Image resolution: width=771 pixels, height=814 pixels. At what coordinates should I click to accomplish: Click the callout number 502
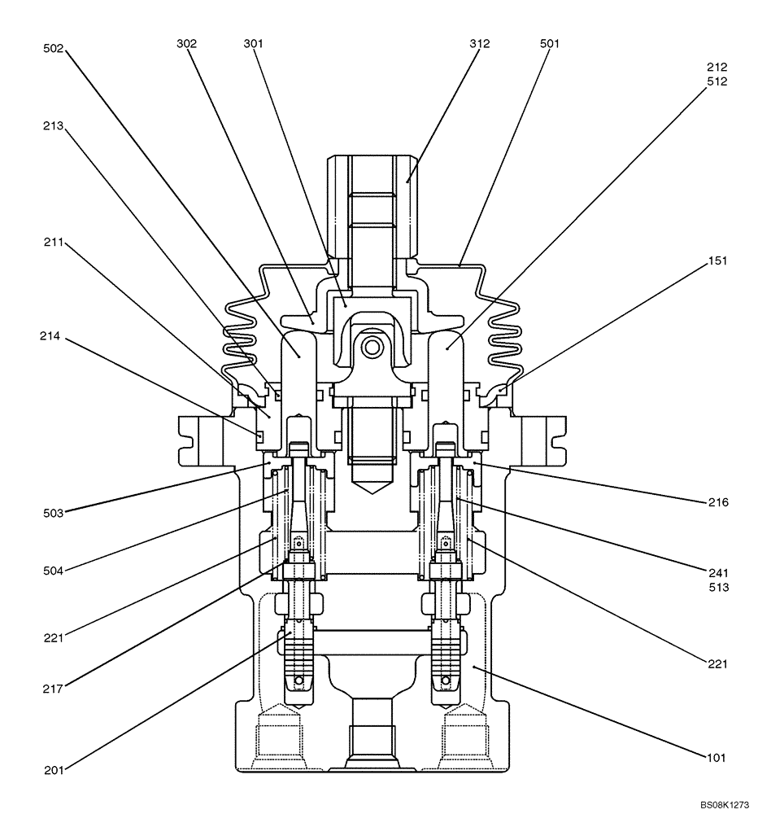pos(54,49)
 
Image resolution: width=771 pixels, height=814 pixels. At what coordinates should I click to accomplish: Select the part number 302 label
pos(187,45)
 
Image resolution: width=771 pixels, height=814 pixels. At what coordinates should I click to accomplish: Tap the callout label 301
pos(253,45)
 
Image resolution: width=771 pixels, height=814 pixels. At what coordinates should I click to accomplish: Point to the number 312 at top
pos(480,45)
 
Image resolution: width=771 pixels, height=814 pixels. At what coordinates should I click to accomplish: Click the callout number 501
pos(550,45)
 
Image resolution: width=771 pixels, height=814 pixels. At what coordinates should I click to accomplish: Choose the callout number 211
pos(54,243)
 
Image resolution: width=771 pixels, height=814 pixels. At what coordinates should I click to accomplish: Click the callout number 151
pos(717,261)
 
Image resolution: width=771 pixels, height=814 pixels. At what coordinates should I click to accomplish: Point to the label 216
pos(717,503)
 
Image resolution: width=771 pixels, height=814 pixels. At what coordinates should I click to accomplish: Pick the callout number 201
pos(54,768)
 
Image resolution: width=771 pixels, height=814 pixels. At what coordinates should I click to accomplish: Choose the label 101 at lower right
pos(717,756)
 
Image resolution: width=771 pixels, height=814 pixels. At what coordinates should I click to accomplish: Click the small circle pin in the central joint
pos(372,348)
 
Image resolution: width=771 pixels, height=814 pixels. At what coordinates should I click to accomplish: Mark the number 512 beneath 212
pos(717,81)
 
